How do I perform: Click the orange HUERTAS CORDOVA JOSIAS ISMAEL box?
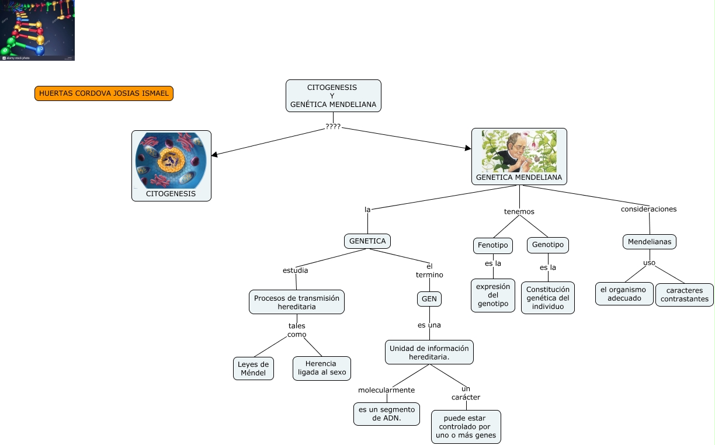(104, 93)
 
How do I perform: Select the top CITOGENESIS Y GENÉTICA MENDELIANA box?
(333, 96)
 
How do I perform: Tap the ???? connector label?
(333, 127)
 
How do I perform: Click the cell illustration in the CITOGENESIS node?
(171, 159)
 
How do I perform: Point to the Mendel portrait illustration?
(519, 151)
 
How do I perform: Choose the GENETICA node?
(367, 241)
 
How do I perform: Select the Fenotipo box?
(492, 245)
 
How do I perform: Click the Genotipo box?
(547, 245)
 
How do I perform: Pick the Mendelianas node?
(649, 241)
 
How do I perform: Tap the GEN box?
(429, 298)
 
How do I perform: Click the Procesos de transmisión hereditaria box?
(296, 302)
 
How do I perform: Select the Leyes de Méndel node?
(253, 368)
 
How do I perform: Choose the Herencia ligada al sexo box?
(322, 368)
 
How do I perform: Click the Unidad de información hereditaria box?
(429, 352)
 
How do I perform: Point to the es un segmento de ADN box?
(386, 413)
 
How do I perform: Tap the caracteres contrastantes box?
(684, 295)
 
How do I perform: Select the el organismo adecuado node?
(623, 294)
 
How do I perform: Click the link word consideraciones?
(648, 209)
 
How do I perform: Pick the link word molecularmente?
(386, 390)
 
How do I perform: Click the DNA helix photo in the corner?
(37, 30)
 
